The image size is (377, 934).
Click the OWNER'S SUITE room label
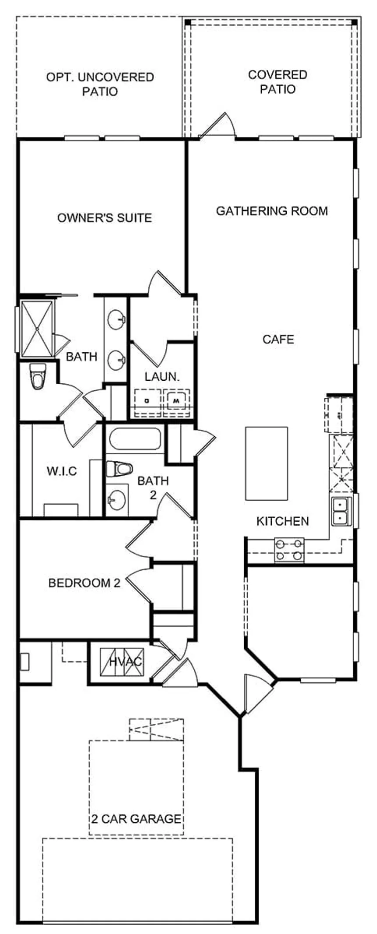click(105, 218)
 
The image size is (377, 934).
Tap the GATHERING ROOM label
click(272, 211)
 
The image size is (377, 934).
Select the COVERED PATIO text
click(277, 82)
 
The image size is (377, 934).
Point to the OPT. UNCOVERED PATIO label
click(100, 85)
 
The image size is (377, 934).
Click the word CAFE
click(278, 340)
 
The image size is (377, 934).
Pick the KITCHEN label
click(282, 521)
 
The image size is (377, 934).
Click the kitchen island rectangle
click(267, 463)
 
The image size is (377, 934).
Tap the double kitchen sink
click(341, 512)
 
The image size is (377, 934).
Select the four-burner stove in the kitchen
click(289, 550)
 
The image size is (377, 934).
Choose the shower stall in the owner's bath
click(38, 328)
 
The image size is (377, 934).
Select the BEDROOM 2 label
click(84, 584)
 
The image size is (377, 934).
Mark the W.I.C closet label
click(62, 471)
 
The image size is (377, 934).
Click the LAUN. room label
click(162, 376)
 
